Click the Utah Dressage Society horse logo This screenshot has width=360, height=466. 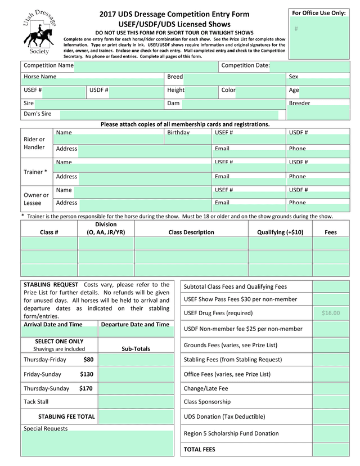click(x=38, y=33)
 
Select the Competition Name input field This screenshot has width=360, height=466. click(x=145, y=66)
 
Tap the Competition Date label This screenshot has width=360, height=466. click(x=245, y=65)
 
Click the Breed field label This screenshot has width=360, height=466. click(x=175, y=77)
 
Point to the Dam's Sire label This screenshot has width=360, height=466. click(x=37, y=114)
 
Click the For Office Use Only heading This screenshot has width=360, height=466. click(x=318, y=13)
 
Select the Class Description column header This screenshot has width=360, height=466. click(x=191, y=232)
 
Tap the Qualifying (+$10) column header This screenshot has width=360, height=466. click(x=280, y=232)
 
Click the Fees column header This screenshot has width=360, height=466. click(x=331, y=232)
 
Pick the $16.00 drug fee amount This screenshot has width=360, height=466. click(x=331, y=313)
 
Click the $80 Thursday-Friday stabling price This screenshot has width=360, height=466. click(x=88, y=360)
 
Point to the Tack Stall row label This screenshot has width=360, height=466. click(x=36, y=402)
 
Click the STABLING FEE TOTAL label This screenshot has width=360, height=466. click(x=66, y=417)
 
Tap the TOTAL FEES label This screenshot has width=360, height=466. click(x=199, y=449)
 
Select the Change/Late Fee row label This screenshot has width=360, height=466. click(x=206, y=388)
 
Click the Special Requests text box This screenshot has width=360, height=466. click(x=97, y=444)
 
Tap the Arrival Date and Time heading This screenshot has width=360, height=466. click(x=53, y=324)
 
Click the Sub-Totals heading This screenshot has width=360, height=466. click(x=136, y=349)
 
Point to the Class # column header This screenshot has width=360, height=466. click(x=49, y=232)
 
